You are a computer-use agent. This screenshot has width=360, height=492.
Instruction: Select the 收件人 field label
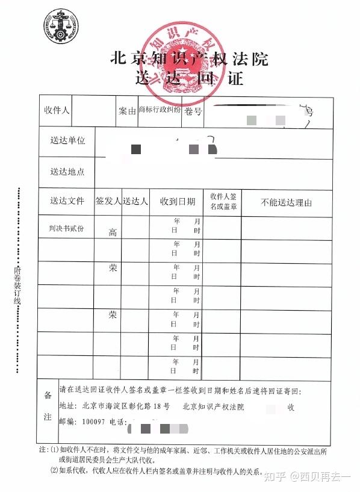point(57,110)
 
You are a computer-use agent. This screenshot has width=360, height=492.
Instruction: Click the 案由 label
point(127,111)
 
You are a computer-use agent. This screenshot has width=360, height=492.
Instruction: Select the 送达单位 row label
point(67,140)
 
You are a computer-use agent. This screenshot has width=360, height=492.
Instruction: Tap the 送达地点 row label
point(67,171)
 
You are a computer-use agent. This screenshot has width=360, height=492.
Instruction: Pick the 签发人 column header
point(108,201)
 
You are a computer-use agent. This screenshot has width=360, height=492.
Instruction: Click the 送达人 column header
point(135,201)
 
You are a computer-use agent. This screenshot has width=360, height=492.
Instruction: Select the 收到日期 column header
point(177,201)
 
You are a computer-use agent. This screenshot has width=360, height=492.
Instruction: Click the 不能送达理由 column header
point(286,202)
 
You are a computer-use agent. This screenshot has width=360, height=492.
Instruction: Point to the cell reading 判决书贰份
point(66,228)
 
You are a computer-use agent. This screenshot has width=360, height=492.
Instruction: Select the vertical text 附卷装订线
point(17,287)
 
